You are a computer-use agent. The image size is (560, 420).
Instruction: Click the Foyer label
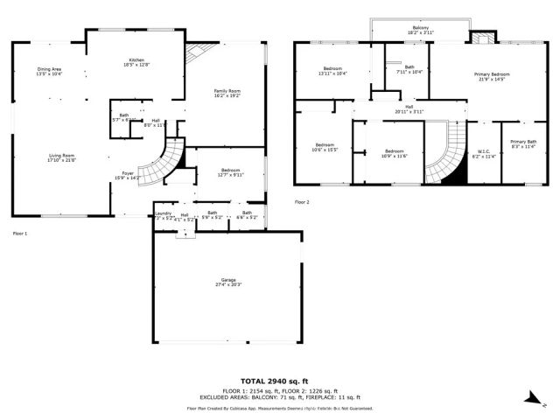click(x=128, y=175)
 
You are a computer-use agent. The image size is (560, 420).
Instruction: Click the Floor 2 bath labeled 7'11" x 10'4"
click(x=409, y=69)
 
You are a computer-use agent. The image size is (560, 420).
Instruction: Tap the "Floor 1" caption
click(x=20, y=234)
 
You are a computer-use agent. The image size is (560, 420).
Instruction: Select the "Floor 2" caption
click(x=302, y=202)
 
